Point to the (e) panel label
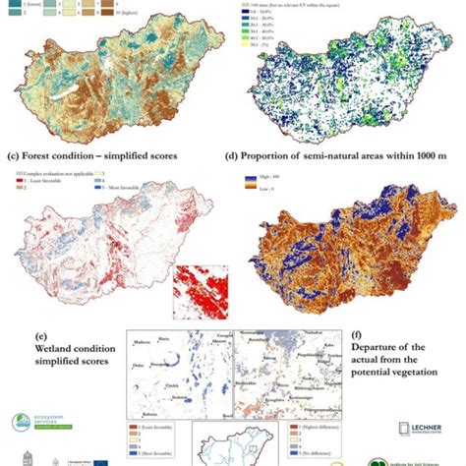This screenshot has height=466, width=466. coord(13,335)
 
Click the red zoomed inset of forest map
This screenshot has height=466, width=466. coord(197,300)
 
